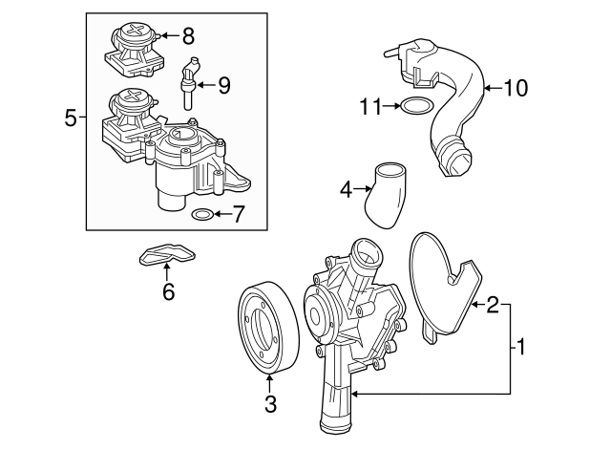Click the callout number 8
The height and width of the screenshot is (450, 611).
click(188, 37)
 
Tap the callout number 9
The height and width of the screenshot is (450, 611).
click(223, 86)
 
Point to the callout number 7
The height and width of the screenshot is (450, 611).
click(238, 214)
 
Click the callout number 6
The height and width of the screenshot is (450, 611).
click(168, 292)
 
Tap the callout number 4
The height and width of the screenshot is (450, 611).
click(347, 190)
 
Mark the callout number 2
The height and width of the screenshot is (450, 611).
click(493, 305)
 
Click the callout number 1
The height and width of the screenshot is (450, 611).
click(522, 347)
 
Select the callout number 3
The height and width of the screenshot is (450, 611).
click(270, 404)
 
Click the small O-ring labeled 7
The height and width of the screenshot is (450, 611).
click(202, 214)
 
